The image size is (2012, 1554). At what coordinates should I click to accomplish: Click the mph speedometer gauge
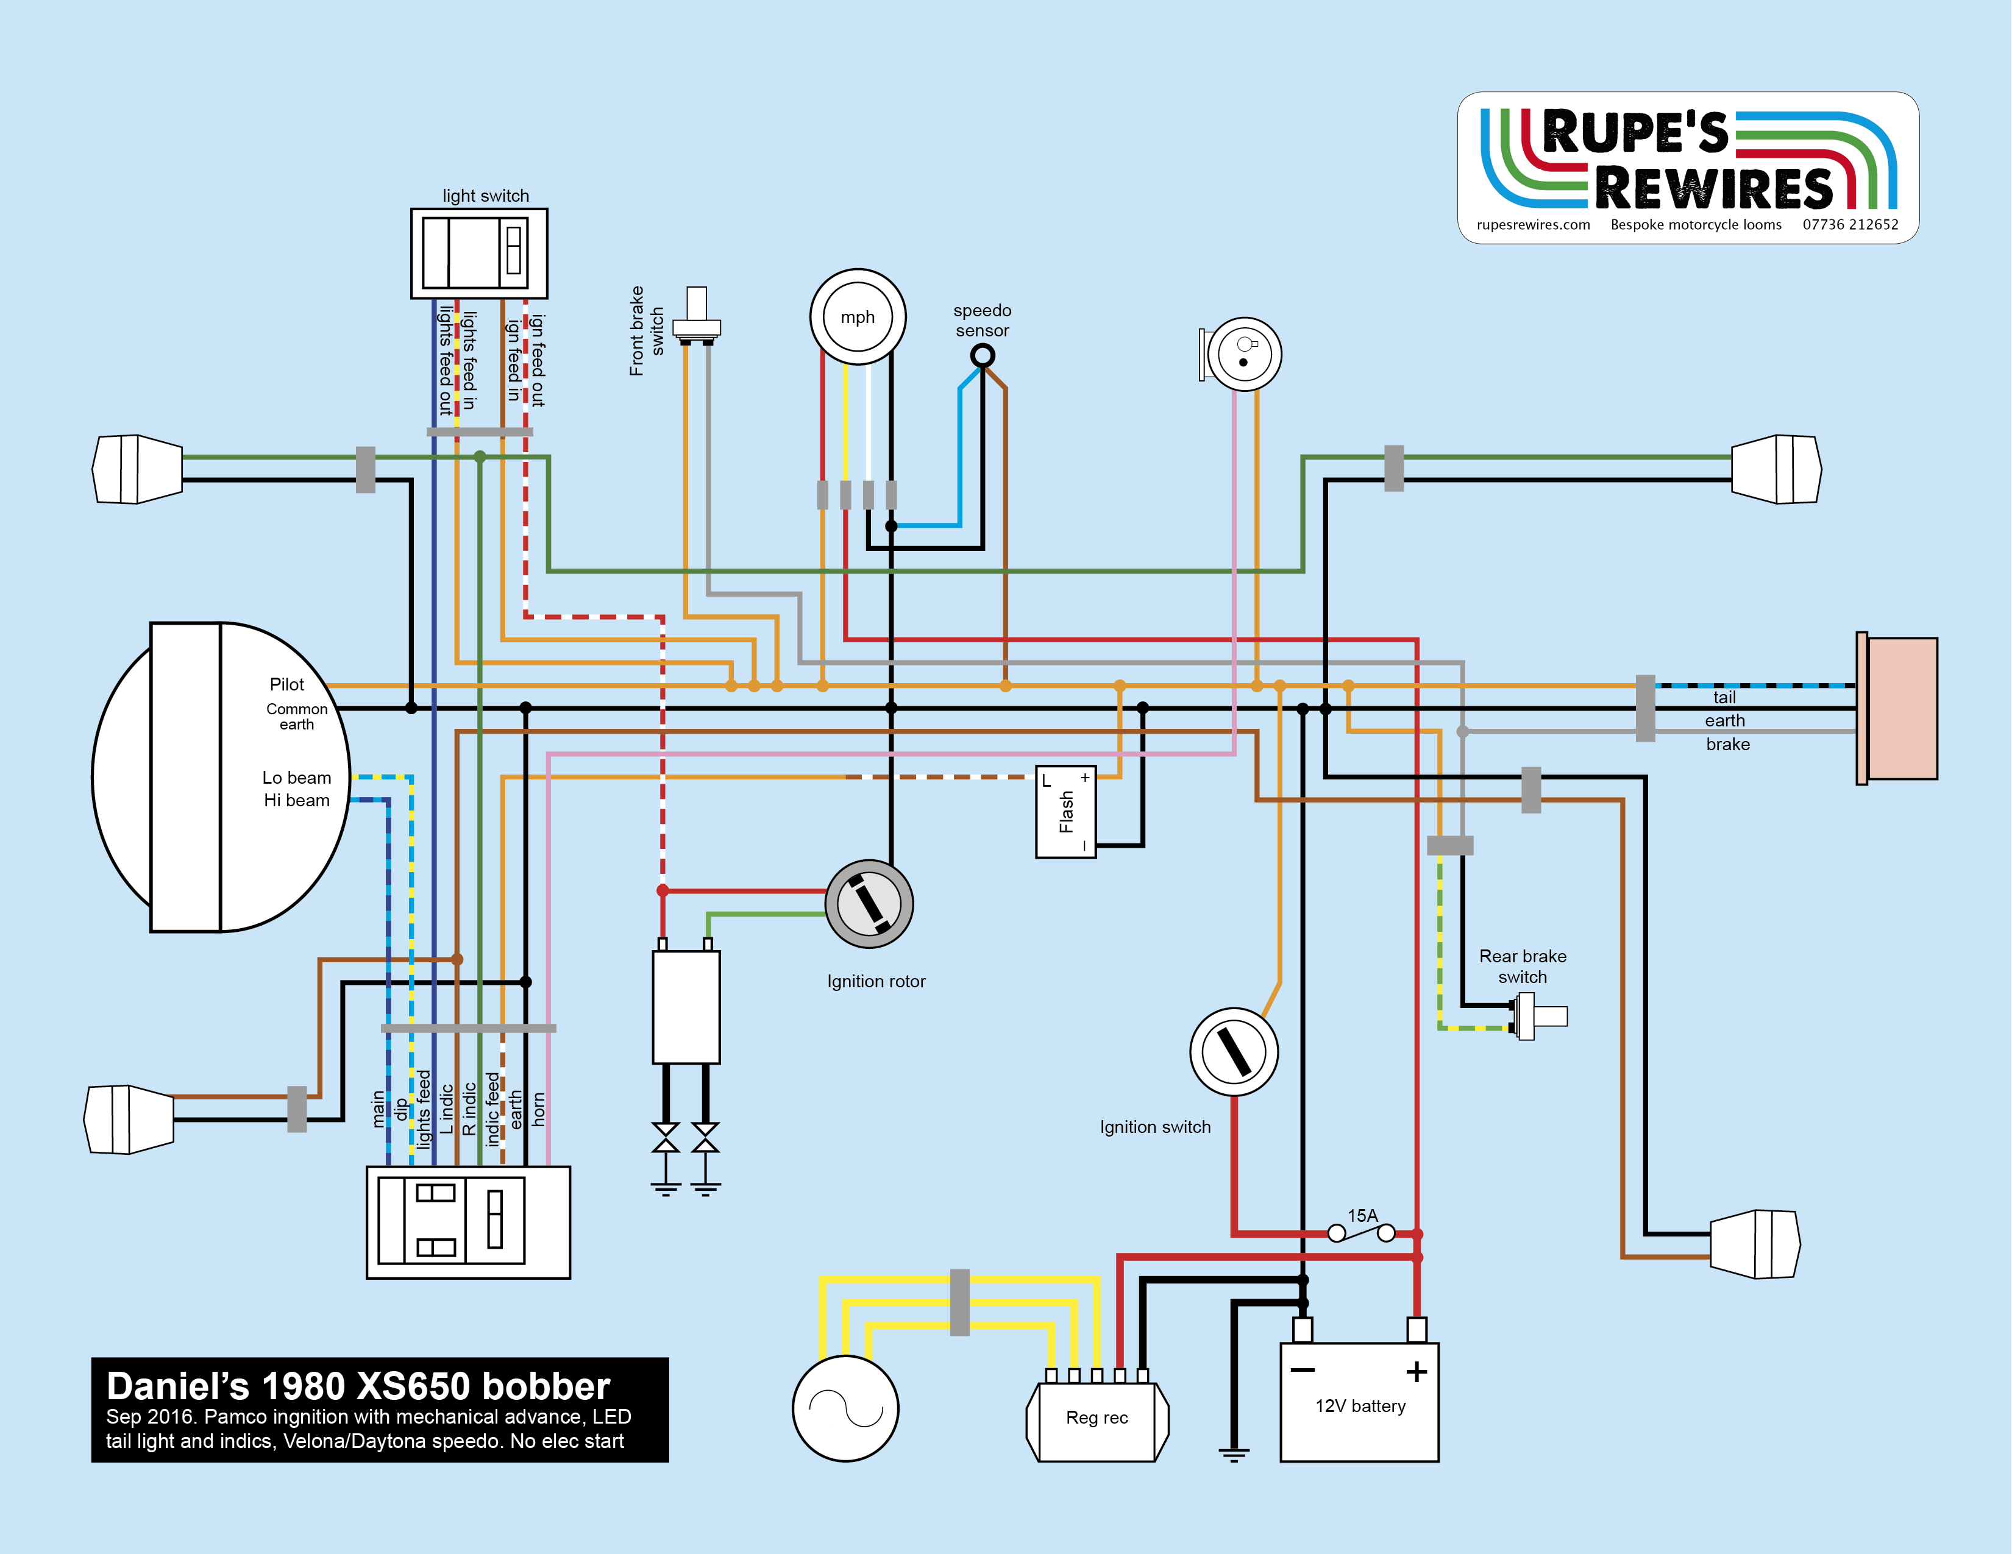point(857,317)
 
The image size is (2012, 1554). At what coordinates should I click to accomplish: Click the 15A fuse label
point(1362,1216)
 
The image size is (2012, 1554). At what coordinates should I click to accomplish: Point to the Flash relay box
point(1066,812)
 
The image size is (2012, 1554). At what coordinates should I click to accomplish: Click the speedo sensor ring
point(983,355)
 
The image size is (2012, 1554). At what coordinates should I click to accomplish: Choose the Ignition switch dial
point(1234,1051)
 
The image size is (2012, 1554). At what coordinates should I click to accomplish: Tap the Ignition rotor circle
point(869,904)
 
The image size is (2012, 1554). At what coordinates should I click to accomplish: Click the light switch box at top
point(479,254)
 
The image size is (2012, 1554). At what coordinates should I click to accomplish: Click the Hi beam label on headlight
point(297,801)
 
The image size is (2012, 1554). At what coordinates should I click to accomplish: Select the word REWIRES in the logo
point(1713,189)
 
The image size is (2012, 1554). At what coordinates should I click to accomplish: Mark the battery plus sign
point(1416,1372)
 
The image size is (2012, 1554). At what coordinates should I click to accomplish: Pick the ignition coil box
point(686,1007)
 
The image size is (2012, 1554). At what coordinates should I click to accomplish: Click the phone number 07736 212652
point(1850,225)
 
